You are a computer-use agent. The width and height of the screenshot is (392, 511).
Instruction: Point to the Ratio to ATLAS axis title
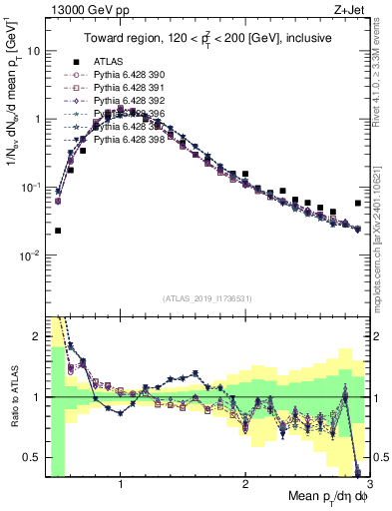pyautogui.click(x=14, y=396)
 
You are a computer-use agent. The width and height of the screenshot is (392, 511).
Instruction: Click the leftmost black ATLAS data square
pyautogui.click(x=58, y=231)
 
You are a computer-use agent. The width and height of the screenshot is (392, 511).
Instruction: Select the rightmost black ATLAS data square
pyautogui.click(x=358, y=203)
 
